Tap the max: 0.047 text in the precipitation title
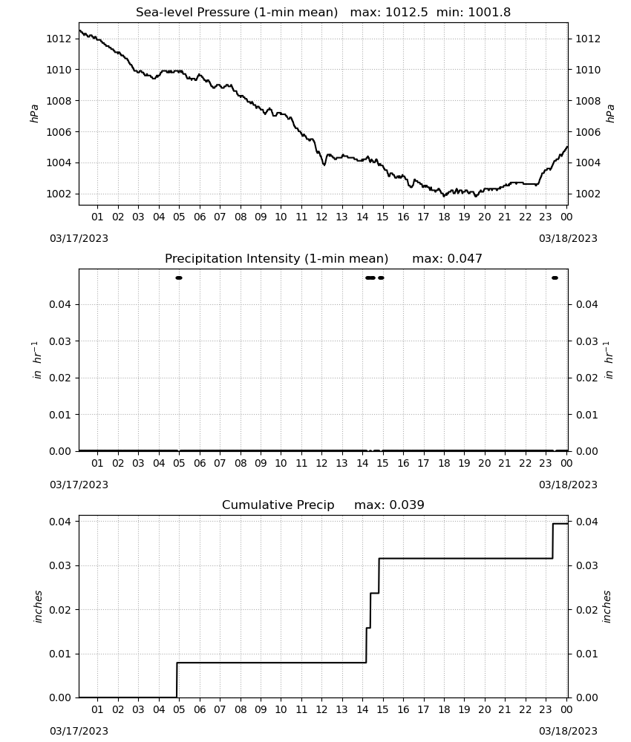coord(447,258)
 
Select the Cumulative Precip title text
coord(278,505)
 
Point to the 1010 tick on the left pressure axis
coord(59,70)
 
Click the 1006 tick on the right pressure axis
coord(588,132)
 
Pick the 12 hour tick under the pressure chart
coord(322,217)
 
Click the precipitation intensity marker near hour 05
coord(179,278)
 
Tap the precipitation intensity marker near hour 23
coord(555,278)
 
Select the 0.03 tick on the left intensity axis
coord(60,341)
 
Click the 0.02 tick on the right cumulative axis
coord(587,610)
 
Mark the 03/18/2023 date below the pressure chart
coord(568,238)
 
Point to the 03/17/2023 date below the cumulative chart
coord(79,731)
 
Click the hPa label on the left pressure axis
coord(34,114)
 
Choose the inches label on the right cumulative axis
coord(607,607)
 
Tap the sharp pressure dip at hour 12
coord(324,165)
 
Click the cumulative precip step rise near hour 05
coord(177,680)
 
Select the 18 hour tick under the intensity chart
coord(444,463)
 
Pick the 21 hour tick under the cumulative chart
coord(505,709)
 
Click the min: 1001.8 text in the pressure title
coord(474,12)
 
